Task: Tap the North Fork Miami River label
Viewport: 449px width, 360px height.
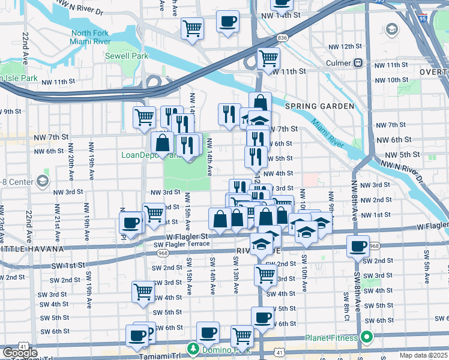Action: click(91, 37)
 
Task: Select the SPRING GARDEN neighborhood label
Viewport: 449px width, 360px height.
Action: click(319, 106)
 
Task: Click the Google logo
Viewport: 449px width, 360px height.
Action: click(20, 353)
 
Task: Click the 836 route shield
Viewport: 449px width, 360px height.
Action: click(282, 38)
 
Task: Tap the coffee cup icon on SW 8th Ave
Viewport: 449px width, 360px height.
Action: click(359, 246)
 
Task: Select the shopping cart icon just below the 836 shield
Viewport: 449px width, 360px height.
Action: click(268, 58)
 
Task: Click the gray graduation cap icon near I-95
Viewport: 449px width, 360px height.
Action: click(391, 29)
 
